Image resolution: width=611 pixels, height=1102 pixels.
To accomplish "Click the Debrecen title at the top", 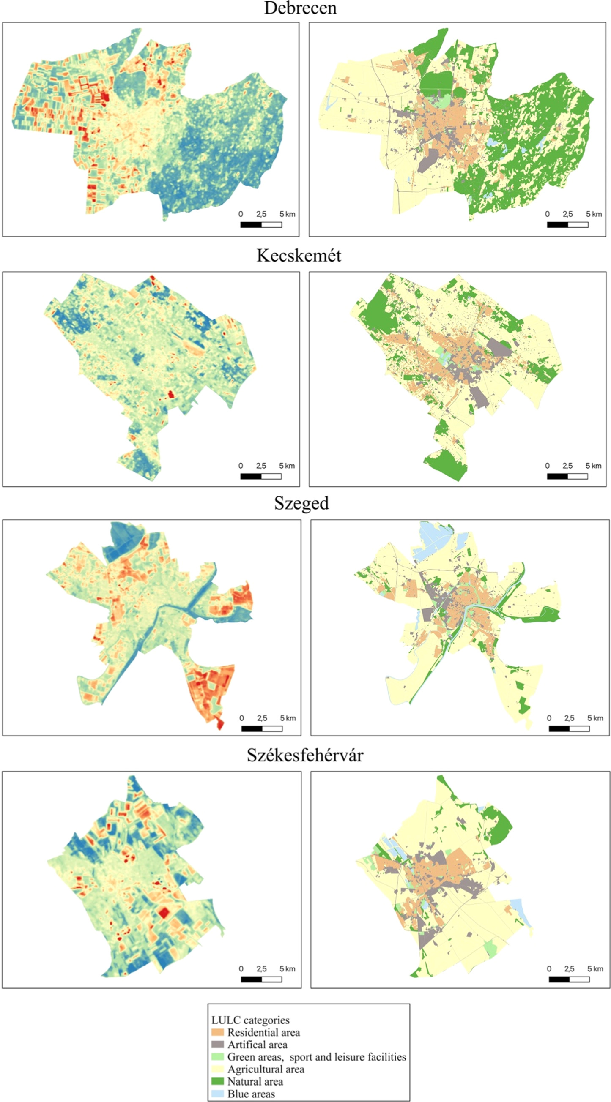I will pos(300,8).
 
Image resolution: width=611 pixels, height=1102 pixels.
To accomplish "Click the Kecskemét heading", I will pos(299,255).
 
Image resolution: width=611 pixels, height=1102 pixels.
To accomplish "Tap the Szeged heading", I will pos(301,503).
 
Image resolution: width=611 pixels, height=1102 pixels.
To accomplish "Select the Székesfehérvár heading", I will pos(305,755).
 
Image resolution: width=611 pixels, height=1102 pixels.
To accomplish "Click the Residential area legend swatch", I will pos(217,1032).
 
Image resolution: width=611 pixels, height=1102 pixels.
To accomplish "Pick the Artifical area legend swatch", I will pos(217,1045).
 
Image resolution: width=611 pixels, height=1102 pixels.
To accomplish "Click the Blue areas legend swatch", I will pos(217,1094).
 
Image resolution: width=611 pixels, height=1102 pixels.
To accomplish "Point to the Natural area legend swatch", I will pos(217,1081).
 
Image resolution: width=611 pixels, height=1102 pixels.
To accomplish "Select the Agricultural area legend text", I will pos(266,1069).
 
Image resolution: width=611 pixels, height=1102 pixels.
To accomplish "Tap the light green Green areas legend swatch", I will pos(217,1057).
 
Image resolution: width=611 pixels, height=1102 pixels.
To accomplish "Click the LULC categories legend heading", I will pos(250,1020).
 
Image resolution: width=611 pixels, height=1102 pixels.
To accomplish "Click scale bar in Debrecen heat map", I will pos(261,225).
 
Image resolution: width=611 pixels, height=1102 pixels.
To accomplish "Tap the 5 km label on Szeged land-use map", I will pos(595,718).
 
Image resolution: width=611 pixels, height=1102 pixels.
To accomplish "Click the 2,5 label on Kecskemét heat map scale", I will pos(261,466).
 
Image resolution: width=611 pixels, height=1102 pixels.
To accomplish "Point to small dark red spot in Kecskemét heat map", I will pos(171,394).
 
